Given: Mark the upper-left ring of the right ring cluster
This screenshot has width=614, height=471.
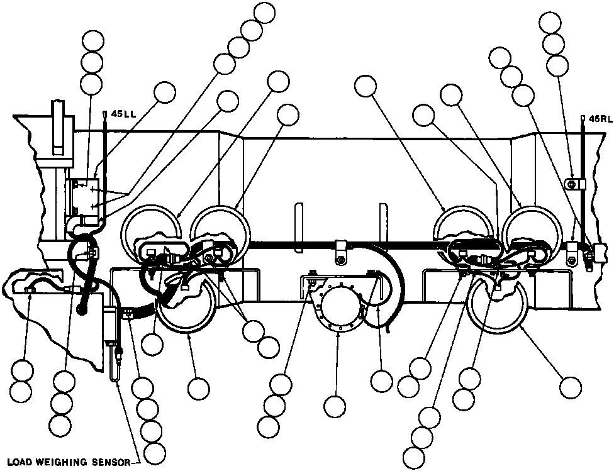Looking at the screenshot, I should coord(462,226).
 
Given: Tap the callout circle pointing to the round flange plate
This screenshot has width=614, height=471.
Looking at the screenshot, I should coord(336,406).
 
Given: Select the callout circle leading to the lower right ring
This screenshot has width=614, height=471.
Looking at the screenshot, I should coord(571,385).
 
